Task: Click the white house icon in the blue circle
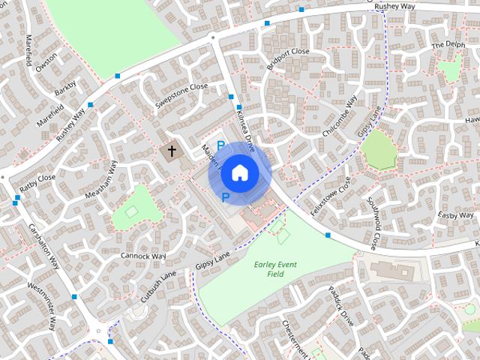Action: tap(239, 172)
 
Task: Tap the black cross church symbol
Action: tap(172, 151)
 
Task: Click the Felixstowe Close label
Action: tap(331, 196)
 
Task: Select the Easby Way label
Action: tap(457, 215)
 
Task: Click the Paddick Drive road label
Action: tap(341, 304)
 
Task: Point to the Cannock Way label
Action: tap(143, 256)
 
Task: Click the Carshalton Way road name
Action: tap(43, 246)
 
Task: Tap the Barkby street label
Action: tap(65, 88)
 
